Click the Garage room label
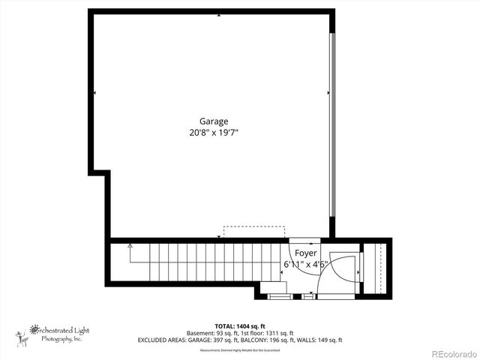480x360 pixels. [214, 121]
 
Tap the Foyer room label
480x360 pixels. [304, 253]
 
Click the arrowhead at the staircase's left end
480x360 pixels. [130, 245]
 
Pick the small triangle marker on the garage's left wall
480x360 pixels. [94, 92]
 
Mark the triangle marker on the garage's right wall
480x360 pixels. [328, 92]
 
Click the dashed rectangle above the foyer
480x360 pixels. [254, 232]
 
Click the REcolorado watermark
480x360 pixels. [453, 354]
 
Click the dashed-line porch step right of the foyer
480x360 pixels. [383, 268]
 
